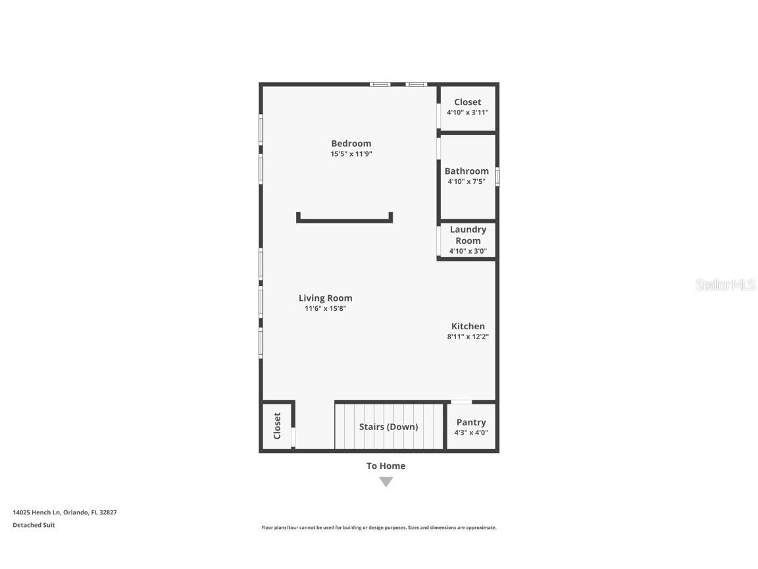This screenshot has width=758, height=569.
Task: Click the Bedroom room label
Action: pos(351,144)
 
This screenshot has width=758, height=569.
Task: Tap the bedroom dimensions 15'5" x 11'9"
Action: pos(351,154)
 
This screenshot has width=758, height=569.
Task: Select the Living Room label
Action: pos(325,298)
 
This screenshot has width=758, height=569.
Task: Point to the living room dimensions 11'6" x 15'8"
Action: pos(325,308)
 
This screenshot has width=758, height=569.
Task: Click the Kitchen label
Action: pos(468,326)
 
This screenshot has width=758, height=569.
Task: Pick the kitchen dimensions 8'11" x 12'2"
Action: pos(468,337)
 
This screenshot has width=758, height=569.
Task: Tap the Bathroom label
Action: pos(467,171)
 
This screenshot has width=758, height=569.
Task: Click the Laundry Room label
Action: pos(468,235)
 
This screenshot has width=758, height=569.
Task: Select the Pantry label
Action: pos(471,422)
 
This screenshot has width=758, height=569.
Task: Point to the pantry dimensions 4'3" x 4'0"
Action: pos(471,433)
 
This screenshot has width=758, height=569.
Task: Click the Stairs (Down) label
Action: pos(388,427)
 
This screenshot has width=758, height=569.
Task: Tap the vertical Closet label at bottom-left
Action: pos(277,426)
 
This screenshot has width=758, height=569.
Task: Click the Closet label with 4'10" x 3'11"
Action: pos(467,102)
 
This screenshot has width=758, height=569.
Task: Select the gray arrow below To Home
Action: pos(386,482)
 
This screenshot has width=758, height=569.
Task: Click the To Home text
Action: pos(386,466)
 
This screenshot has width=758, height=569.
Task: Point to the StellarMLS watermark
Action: pos(726,285)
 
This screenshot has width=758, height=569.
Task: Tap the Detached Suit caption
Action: pos(34,525)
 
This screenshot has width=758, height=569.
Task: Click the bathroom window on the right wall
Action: pos(497,177)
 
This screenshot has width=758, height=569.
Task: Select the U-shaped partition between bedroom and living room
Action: pos(344,220)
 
